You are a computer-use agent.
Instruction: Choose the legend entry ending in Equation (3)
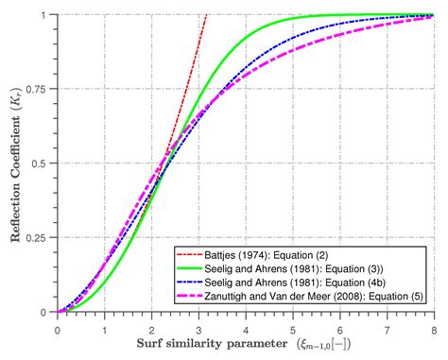(292, 269)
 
